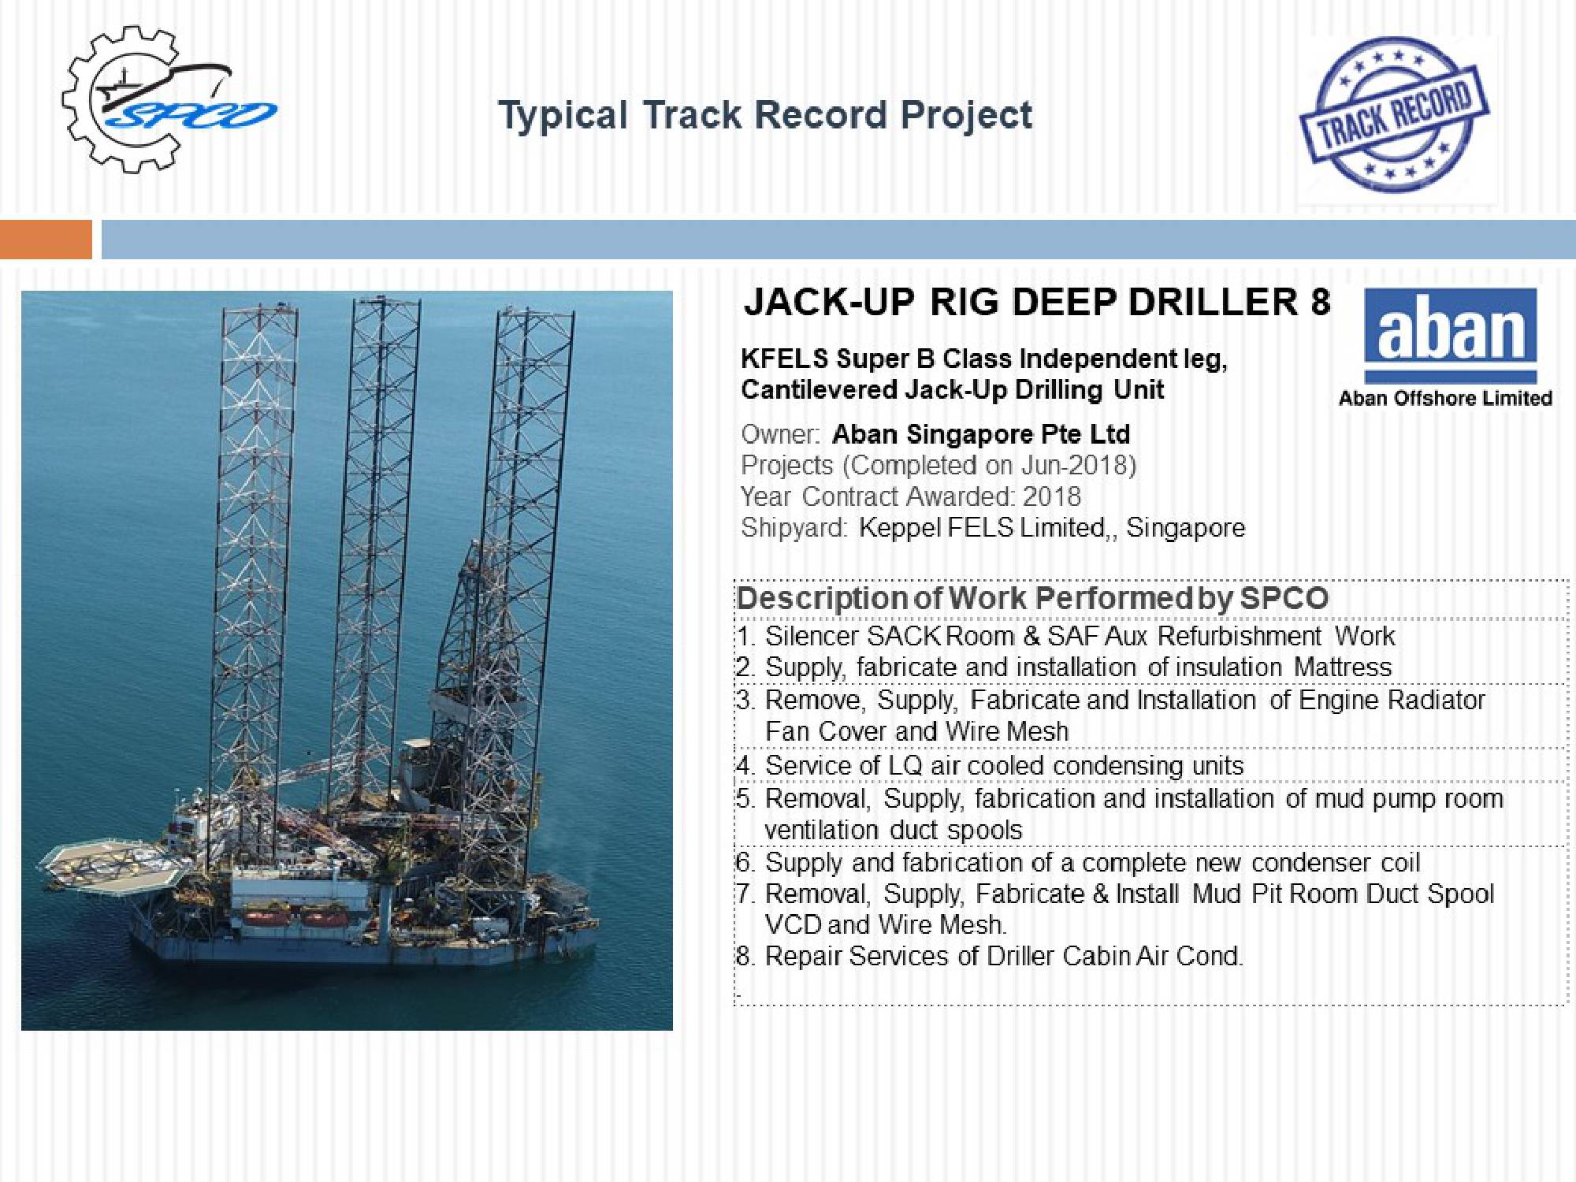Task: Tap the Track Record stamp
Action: tap(1394, 115)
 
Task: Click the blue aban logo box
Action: tap(1450, 336)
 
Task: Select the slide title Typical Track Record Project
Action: tap(765, 115)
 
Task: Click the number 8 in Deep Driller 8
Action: tap(1320, 302)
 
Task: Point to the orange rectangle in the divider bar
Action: tap(46, 239)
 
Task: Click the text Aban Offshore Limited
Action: tap(1445, 398)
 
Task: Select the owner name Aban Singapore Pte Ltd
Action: tap(981, 434)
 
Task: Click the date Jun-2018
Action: tap(1074, 466)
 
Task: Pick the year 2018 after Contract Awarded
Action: tap(1051, 496)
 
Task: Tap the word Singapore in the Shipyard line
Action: tap(1185, 527)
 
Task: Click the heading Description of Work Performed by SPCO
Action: tap(1032, 598)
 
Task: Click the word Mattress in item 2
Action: tap(1343, 667)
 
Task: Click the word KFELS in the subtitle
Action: tap(785, 359)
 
